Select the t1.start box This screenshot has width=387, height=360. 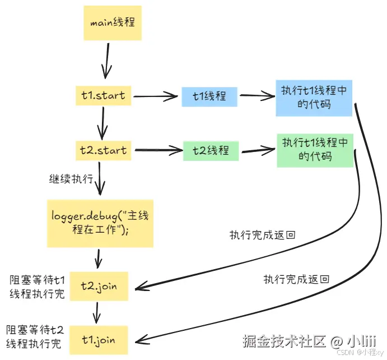point(104,95)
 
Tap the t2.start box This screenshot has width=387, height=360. point(104,150)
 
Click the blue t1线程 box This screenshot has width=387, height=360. point(209,96)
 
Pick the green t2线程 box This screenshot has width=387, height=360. point(211,150)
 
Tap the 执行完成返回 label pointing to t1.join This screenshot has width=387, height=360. point(296,279)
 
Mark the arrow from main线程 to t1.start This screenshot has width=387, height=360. point(105,62)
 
